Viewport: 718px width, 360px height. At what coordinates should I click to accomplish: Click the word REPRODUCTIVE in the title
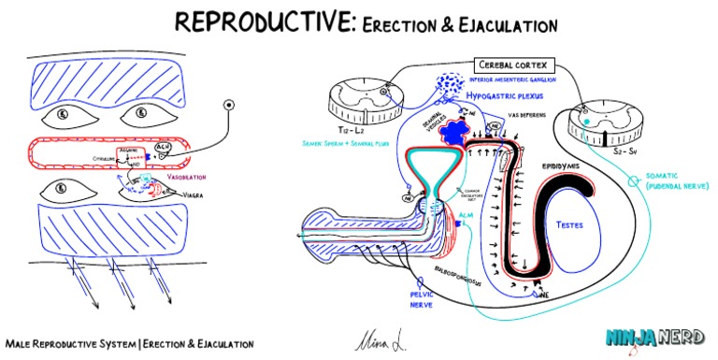coord(252,21)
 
